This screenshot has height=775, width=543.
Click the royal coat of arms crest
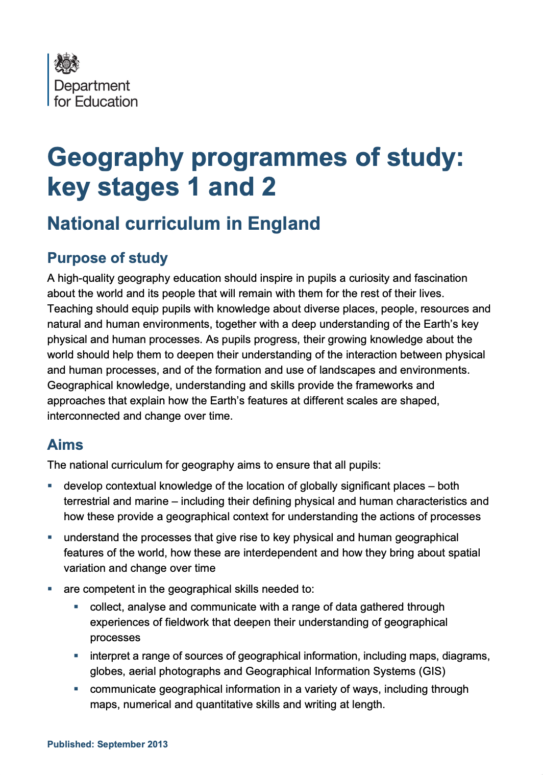(x=67, y=63)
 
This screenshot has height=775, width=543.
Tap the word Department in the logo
(x=92, y=86)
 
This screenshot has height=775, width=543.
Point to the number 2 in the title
(x=269, y=187)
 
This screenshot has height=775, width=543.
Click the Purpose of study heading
(x=107, y=258)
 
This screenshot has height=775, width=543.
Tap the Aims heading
(x=65, y=445)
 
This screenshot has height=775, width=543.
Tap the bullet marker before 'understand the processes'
(x=50, y=537)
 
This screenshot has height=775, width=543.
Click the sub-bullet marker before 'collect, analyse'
(x=76, y=607)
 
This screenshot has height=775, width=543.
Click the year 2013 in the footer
(x=158, y=744)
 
